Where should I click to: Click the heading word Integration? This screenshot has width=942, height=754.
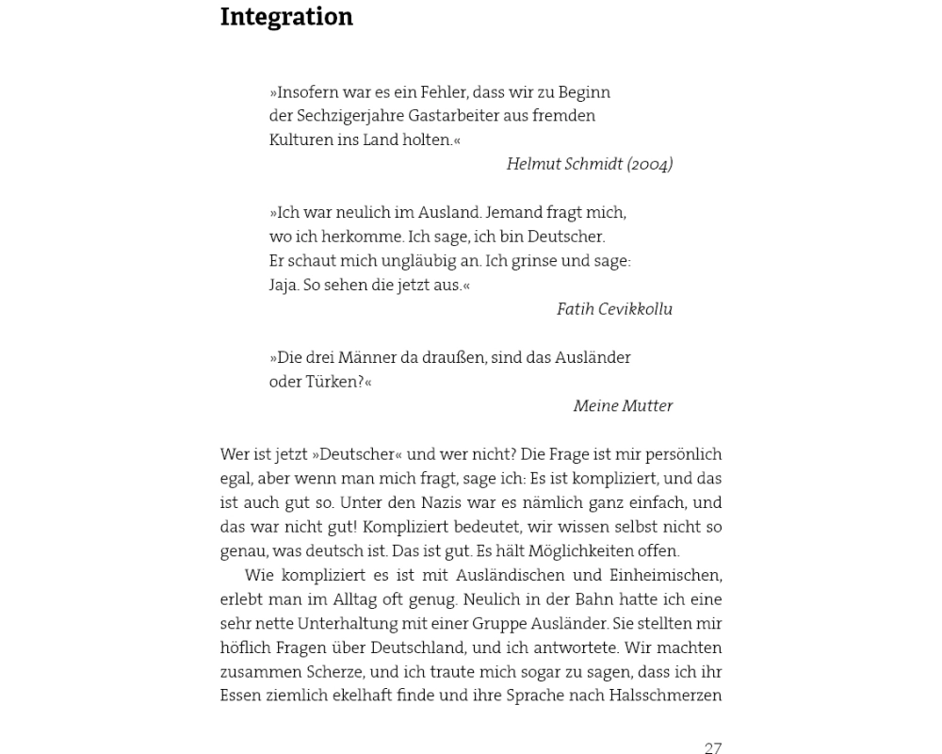[x=286, y=18]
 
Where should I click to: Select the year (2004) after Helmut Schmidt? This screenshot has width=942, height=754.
[x=650, y=164]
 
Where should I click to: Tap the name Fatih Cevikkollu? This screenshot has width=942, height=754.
[x=614, y=309]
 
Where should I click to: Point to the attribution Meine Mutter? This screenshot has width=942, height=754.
[x=623, y=406]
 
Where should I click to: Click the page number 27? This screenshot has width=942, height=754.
[x=713, y=748]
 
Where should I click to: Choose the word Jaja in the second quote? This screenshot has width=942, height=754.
[x=283, y=286]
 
